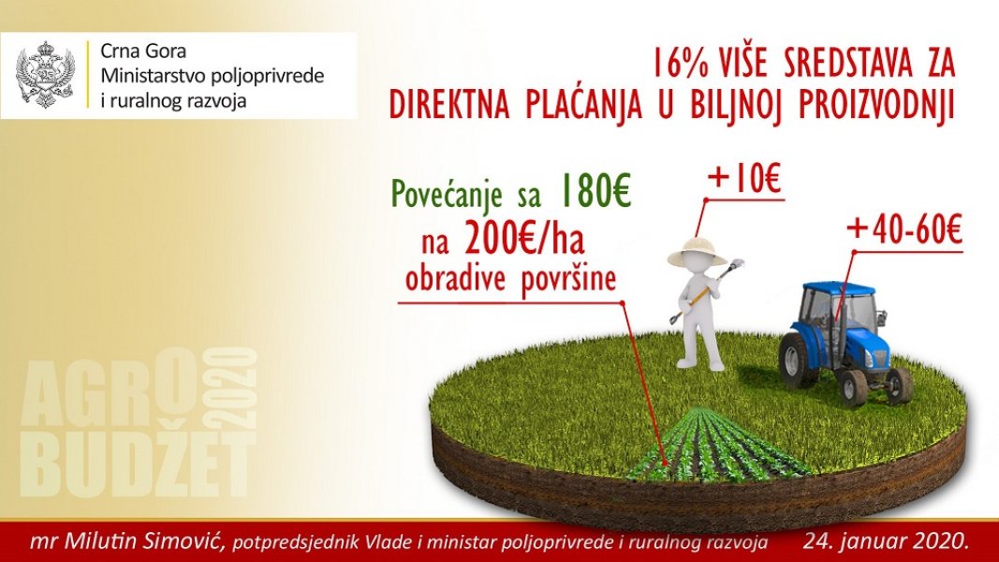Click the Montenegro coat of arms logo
45,75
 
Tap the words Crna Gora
144,51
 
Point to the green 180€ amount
594,190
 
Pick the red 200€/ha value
524,240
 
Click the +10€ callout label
744,178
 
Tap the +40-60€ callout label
904,230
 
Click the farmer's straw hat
698,251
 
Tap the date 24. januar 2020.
886,542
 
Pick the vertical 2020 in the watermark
232,388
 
